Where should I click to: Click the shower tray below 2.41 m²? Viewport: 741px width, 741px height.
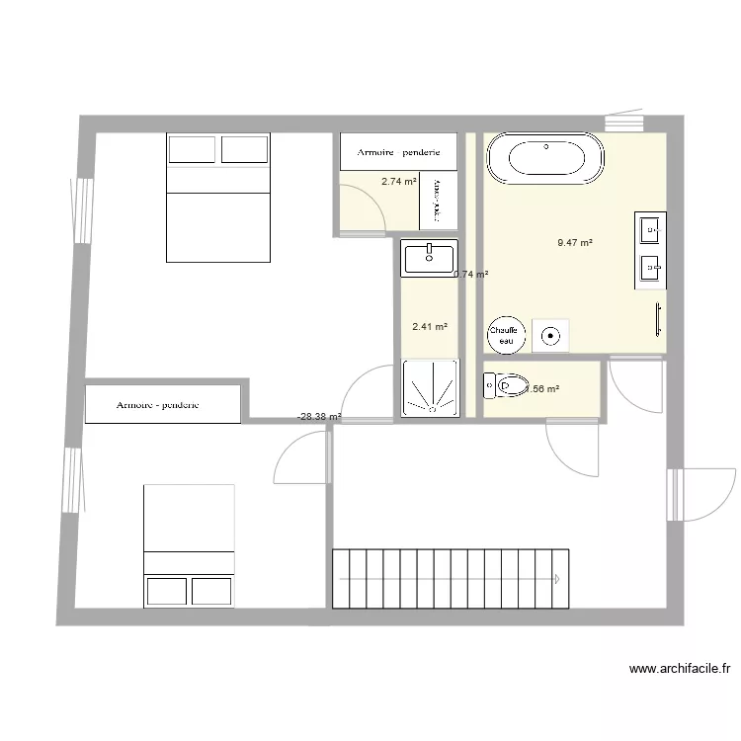430,387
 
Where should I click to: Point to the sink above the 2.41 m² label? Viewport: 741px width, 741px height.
429,258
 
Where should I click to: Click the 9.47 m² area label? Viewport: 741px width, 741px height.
574,242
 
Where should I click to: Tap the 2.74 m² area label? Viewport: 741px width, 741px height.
398,182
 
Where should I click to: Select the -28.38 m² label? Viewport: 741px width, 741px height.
319,417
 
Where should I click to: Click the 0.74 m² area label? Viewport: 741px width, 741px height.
471,275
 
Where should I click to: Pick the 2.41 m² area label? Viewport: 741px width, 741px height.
429,326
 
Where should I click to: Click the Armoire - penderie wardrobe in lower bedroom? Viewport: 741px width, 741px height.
163,404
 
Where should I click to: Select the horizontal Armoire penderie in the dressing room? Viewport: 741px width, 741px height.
398,152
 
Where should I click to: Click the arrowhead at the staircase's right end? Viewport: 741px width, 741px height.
558,578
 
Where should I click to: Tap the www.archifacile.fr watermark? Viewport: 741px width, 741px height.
680,669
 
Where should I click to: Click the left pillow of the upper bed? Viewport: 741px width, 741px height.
192,149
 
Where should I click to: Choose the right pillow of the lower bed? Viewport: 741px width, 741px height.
211,591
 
